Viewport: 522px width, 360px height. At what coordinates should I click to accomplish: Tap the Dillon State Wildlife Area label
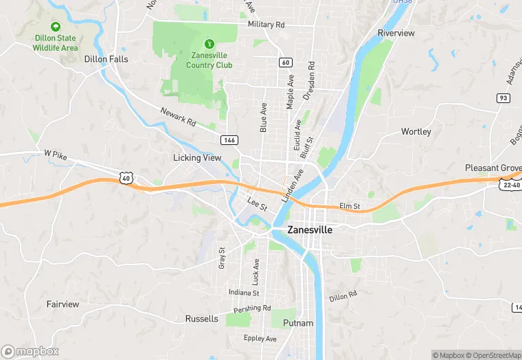[56, 43]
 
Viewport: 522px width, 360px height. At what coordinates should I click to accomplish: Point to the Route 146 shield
[229, 139]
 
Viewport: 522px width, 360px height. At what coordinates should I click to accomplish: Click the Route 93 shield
[503, 98]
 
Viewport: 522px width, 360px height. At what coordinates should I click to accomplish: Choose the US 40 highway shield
[126, 178]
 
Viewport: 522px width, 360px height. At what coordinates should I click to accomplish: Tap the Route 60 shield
[285, 63]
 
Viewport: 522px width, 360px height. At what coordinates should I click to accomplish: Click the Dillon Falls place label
[106, 59]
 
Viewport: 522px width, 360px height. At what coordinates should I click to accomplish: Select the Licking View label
[197, 158]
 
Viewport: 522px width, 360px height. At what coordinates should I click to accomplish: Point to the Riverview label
[396, 33]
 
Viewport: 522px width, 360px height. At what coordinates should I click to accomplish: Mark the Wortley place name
[416, 131]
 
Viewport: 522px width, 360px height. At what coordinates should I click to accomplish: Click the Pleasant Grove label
[492, 168]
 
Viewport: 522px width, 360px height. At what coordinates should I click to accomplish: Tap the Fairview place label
[63, 304]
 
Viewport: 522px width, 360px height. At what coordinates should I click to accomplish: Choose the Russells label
[202, 319]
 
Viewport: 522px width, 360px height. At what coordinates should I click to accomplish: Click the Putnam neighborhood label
[298, 323]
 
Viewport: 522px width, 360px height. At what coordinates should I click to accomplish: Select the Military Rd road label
[266, 24]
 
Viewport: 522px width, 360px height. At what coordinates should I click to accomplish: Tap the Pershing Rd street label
[252, 308]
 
